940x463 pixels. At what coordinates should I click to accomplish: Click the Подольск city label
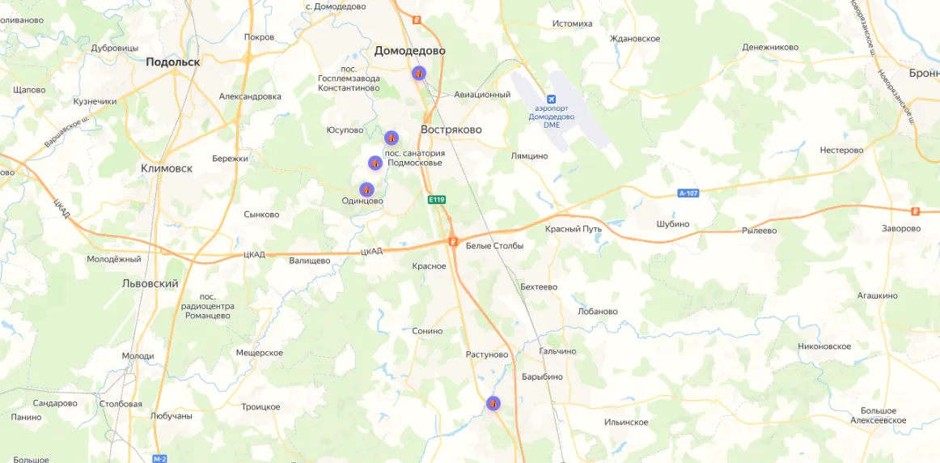(172, 62)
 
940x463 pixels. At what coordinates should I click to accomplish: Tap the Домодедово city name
(409, 51)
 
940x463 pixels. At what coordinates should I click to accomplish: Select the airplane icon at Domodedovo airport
(552, 100)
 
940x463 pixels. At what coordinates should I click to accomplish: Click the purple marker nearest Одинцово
(366, 189)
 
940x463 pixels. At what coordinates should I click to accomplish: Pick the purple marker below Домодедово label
(418, 73)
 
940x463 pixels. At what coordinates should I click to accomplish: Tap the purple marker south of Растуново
(493, 403)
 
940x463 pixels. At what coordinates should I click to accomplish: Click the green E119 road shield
(437, 199)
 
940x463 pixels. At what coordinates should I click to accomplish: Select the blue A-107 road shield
(688, 193)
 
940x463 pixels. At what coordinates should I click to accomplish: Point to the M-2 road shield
(159, 458)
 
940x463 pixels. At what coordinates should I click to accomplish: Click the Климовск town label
(167, 168)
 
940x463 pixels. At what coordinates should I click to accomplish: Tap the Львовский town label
(150, 284)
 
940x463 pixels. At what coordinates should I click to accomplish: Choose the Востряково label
(451, 130)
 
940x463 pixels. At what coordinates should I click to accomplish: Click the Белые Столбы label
(494, 245)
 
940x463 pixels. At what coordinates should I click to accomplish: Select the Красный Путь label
(574, 229)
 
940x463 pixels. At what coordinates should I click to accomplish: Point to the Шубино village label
(673, 224)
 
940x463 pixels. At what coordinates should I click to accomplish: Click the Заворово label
(901, 228)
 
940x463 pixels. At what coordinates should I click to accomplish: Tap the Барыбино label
(542, 376)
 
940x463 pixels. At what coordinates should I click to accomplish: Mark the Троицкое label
(260, 406)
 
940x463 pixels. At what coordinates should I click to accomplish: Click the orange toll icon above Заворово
(915, 211)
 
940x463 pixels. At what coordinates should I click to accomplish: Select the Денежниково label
(770, 47)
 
